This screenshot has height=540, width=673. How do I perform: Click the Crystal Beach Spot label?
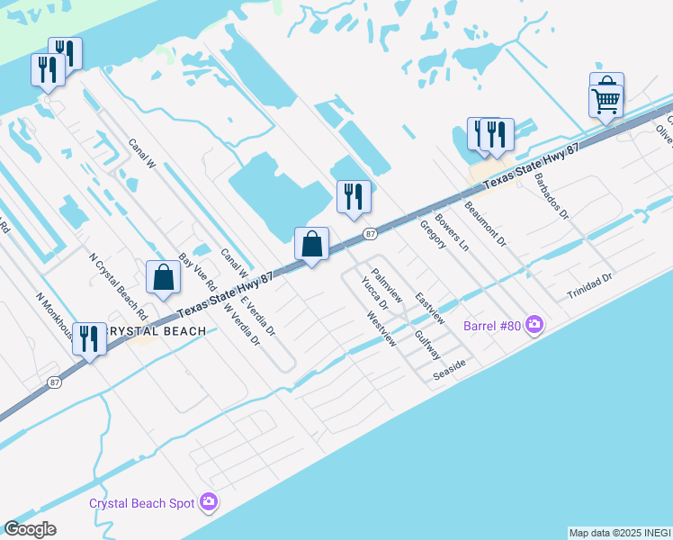141,502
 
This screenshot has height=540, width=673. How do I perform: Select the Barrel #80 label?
494,325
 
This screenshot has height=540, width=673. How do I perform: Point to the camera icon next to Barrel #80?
535,324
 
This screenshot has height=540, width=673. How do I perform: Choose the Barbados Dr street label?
552,197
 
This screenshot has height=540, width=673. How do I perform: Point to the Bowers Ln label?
452,231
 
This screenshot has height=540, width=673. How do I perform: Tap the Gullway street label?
427,345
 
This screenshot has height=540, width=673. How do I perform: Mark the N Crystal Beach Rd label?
118,287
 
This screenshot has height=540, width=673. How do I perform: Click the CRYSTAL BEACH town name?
155,331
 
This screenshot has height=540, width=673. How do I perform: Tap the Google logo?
30,529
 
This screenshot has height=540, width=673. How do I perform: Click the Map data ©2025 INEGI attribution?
620,533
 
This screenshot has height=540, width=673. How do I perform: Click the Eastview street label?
429,308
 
